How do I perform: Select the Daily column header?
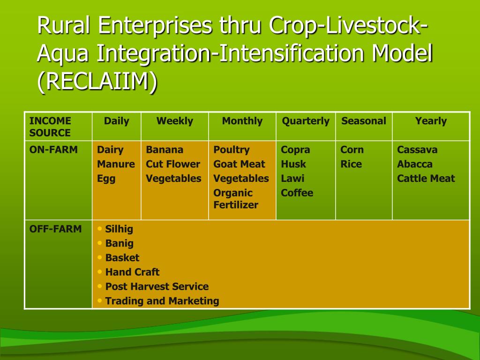[x=116, y=121]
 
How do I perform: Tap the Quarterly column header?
[x=306, y=121]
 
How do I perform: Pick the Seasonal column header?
[x=364, y=121]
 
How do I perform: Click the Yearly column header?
[x=431, y=121]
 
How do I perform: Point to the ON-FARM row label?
[x=53, y=150]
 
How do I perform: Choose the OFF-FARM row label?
[x=55, y=229]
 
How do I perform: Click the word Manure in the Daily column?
[x=116, y=164]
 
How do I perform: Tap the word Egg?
[x=106, y=179]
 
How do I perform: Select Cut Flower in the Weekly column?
[x=173, y=164]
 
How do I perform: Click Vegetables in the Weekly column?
[x=173, y=179]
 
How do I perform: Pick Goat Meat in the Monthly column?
[x=239, y=164]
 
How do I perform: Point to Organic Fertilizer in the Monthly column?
[x=236, y=199]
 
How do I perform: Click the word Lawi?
[x=292, y=179]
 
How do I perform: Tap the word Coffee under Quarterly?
[x=297, y=193]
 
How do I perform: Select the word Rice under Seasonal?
[x=351, y=164]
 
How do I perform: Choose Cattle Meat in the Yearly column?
[x=426, y=179]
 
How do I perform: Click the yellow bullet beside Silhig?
[x=99, y=229]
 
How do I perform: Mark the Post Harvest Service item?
[x=157, y=286]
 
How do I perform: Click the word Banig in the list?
[x=120, y=244]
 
